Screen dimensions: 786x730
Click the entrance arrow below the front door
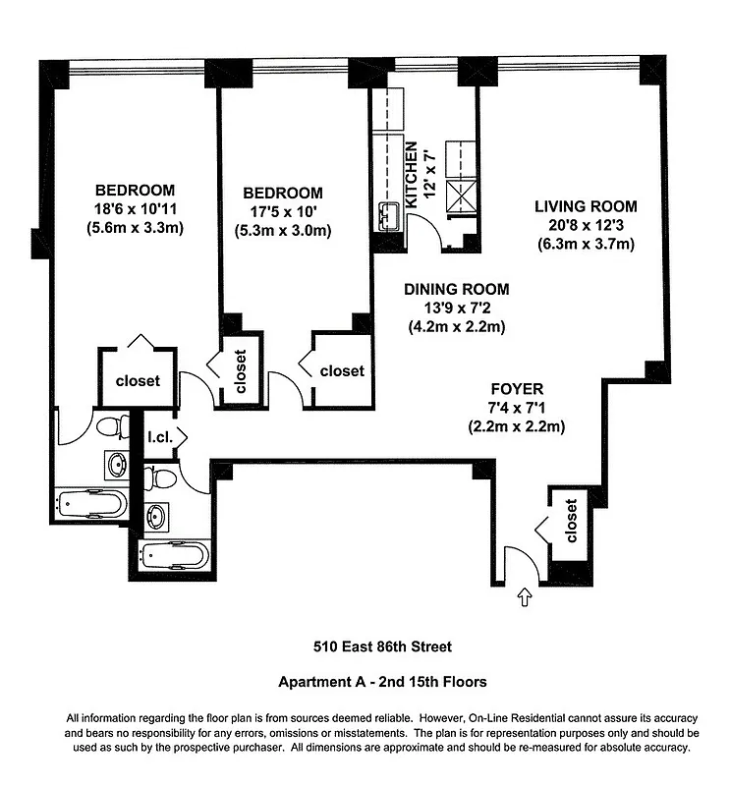[523, 594]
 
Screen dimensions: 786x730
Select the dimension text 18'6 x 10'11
[135, 209]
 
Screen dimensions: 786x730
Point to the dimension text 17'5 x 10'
[282, 212]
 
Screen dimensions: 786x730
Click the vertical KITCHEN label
[413, 174]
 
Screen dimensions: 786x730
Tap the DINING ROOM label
[457, 289]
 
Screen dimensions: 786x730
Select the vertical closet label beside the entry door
[570, 521]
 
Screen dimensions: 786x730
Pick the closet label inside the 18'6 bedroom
[138, 381]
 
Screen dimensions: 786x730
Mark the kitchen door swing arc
[424, 231]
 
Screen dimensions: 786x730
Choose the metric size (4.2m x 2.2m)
[457, 327]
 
